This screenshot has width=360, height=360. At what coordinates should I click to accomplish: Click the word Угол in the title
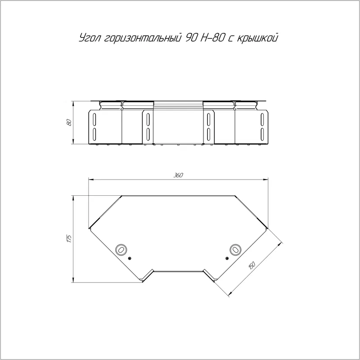point(90,38)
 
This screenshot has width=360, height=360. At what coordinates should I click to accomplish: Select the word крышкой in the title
point(257,38)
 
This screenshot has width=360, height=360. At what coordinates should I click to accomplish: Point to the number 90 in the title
point(190,38)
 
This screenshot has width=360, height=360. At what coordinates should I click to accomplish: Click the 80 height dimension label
point(69,122)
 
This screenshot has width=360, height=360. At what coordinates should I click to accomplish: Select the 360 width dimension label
point(178,175)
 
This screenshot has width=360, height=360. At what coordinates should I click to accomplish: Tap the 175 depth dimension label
point(69,238)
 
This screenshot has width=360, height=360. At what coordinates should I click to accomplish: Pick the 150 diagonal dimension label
point(252,265)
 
